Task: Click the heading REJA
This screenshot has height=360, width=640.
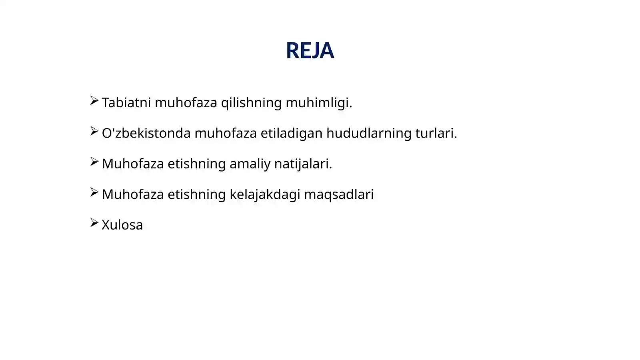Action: pyautogui.click(x=310, y=50)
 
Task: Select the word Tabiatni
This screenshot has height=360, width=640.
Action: pyautogui.click(x=126, y=102)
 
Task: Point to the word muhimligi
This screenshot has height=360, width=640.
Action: pyautogui.click(x=318, y=103)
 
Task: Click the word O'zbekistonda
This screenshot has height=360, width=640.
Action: pyautogui.click(x=146, y=133)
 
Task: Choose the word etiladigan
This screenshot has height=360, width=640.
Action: pyautogui.click(x=292, y=133)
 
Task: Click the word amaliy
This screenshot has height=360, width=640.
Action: pyautogui.click(x=250, y=164)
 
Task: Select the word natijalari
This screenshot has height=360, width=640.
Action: pyautogui.click(x=303, y=164)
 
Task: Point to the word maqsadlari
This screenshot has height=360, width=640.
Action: pyautogui.click(x=339, y=194)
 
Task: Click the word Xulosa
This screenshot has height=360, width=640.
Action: pyautogui.click(x=122, y=225)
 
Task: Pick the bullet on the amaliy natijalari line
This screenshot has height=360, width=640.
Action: pyautogui.click(x=94, y=162)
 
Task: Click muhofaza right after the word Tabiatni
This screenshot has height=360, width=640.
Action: pyautogui.click(x=186, y=102)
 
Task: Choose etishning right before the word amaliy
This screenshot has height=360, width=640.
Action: pyautogui.click(x=197, y=164)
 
